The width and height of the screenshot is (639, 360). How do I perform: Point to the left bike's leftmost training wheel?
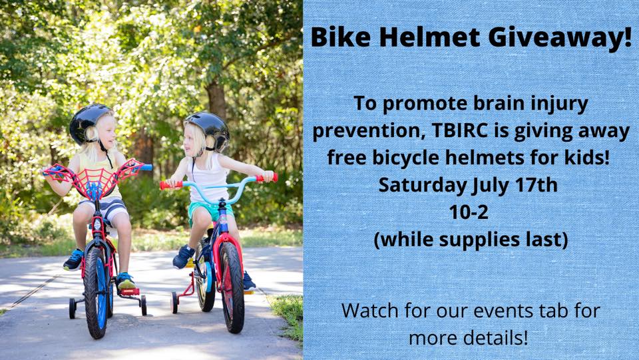coord(73,307)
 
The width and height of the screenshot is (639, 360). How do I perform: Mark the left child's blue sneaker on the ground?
coord(73,260)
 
